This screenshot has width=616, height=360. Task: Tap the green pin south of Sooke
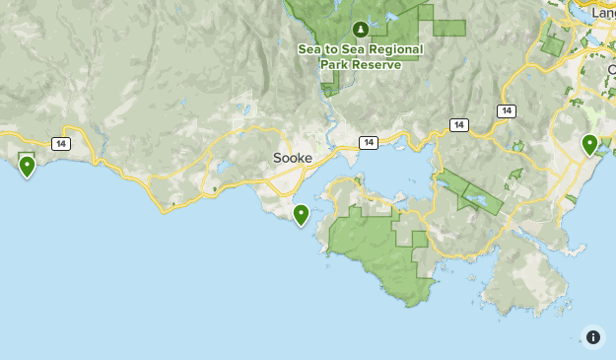click(302, 214)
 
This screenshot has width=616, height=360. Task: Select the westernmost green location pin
click(27, 166)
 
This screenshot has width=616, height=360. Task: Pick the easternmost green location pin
click(589, 145)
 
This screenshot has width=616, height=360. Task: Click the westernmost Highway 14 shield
click(62, 144)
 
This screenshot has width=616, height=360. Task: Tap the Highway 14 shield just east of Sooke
click(368, 143)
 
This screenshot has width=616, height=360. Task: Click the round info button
click(592, 337)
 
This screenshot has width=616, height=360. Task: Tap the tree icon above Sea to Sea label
click(362, 29)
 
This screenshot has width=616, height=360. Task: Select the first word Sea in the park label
click(311, 49)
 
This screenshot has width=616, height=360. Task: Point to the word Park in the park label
click(335, 65)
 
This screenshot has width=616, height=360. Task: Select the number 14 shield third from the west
click(458, 125)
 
